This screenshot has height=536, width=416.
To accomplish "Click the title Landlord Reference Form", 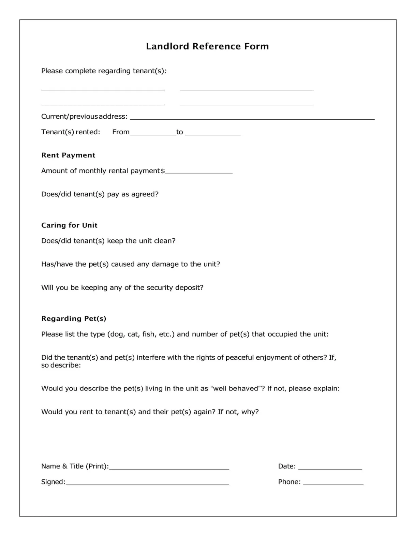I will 207,46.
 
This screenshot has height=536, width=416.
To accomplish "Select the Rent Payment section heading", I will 68,155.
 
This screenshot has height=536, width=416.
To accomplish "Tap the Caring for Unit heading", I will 69,225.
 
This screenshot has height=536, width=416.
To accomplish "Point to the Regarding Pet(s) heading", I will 74,318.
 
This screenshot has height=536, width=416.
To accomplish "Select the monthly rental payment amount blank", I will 199,172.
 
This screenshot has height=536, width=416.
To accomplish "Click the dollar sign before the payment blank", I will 163,171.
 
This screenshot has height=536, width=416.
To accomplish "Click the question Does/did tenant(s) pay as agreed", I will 100,194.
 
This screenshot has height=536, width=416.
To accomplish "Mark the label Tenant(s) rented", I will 71,132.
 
